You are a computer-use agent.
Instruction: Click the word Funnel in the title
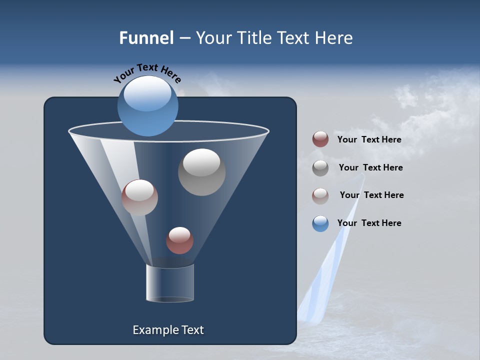point(146,38)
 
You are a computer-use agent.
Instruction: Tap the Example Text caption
point(168,330)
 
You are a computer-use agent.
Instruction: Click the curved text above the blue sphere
point(147,72)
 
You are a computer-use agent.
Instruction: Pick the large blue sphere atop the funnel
point(147,106)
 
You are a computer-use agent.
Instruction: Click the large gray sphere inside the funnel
point(201,172)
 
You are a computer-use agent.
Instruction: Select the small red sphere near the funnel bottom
point(179,240)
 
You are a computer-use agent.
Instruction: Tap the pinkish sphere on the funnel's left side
point(139,197)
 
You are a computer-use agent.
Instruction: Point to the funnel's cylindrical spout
point(169,283)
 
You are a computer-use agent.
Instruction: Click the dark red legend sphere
point(320,139)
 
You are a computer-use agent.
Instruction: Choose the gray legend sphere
point(320,167)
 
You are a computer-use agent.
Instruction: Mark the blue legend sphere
point(320,223)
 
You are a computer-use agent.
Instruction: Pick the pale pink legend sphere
point(320,195)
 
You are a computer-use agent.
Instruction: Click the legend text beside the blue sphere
point(369,223)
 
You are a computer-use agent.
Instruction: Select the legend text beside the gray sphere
point(370,167)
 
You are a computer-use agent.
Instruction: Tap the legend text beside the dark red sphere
point(369,139)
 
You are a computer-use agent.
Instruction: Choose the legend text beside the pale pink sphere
point(371,195)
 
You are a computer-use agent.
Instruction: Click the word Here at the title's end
point(334,38)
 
